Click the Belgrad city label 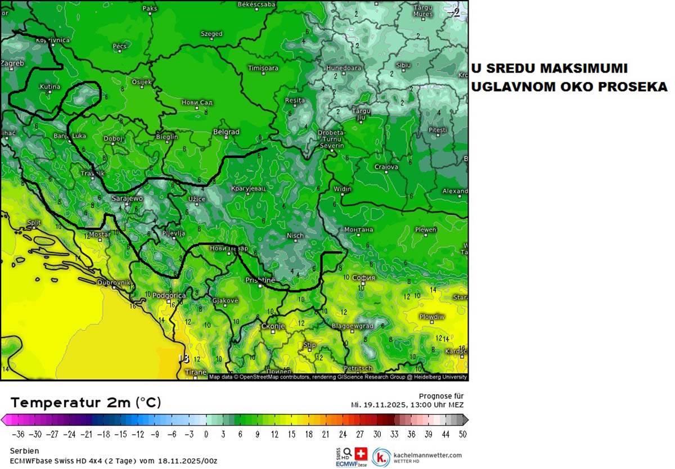226,132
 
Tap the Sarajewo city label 128,199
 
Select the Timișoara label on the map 263,68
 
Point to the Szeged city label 211,34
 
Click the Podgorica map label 169,295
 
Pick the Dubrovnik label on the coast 114,282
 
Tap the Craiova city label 386,167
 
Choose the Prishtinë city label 260,280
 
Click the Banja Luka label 70,136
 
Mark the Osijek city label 141,82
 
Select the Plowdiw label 432,317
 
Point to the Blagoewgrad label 353,326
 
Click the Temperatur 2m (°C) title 85,403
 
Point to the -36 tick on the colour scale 20,434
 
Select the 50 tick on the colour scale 462,434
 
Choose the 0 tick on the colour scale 206,434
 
